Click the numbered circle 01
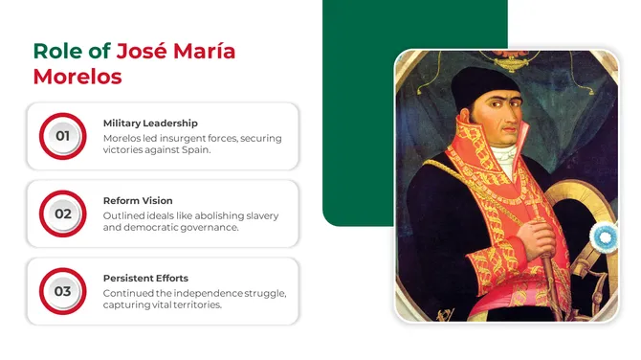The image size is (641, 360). pos(62,136)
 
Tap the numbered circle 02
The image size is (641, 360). pos(62,214)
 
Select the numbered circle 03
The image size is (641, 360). pos(62,291)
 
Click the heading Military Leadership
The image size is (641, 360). pos(150,123)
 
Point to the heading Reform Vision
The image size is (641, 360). pos(138,201)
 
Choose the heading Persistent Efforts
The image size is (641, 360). pos(145,278)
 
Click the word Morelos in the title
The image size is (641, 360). pos(77,77)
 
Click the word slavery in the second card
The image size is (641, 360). pos(259,215)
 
